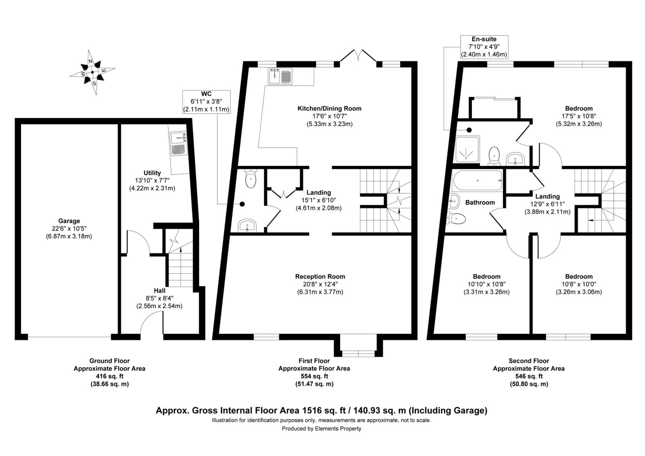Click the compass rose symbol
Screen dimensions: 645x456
pos(92,72)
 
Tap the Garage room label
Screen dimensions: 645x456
pos(69,221)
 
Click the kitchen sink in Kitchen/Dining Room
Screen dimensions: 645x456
pos(280,76)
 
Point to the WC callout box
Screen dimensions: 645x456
pos(206,102)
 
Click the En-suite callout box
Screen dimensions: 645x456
pos(484,47)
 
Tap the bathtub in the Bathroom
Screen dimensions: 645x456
pos(477,181)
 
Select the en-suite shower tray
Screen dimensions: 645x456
pos(467,149)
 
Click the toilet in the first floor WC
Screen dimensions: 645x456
pos(251,179)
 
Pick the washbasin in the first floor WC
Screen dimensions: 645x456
pos(247,225)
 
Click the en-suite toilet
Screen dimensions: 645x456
pos(494,156)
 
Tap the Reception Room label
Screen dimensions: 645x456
pos(320,277)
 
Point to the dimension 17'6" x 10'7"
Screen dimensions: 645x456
pos(329,116)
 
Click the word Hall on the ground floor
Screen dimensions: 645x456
pos(160,290)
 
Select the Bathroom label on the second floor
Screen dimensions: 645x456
pos(480,203)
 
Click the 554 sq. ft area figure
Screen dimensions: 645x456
pos(314,376)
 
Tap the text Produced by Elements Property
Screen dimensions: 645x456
pos(321,429)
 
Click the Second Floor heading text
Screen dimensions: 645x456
pos(528,361)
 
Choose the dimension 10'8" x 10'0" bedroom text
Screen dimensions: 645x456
pos(579,284)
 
